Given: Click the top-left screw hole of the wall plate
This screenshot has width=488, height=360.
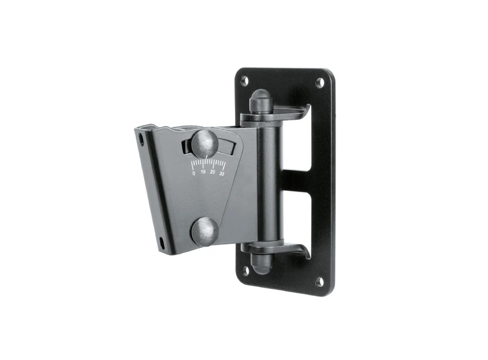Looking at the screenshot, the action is coord(245,81).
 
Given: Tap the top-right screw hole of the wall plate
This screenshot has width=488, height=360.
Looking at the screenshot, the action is coord(320,83).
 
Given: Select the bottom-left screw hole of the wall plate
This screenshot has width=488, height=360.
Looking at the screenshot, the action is coord(245,270).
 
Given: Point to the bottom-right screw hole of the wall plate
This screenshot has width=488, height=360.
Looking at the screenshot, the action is coord(320,281).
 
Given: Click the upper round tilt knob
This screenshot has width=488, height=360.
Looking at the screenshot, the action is coord(204,143).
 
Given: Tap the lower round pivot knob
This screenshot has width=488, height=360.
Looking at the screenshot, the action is coord(204,231).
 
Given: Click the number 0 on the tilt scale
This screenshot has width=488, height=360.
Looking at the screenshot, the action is coord(194,174).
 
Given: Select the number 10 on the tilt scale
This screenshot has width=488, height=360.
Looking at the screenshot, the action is coord(203,172).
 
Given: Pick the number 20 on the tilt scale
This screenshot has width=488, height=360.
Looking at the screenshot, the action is coord(213,172).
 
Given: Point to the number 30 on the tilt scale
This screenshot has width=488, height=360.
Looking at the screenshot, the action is coord(222,174).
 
